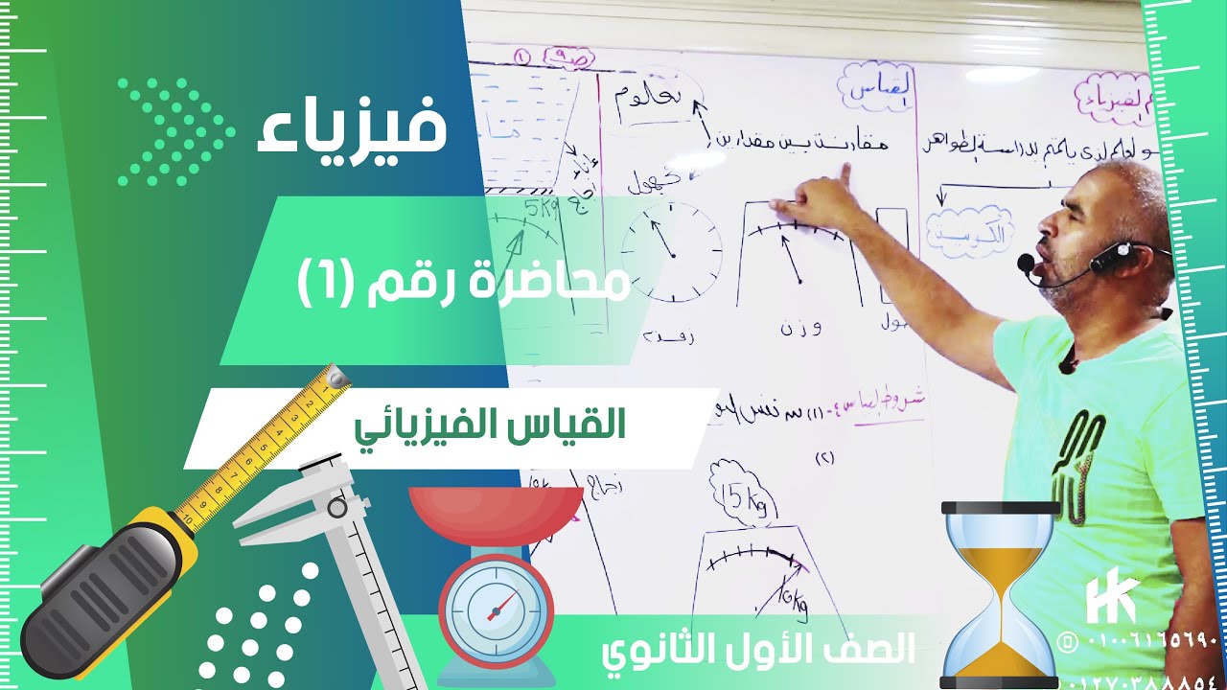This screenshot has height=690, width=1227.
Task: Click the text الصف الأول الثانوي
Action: point(757,651)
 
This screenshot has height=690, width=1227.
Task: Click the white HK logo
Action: point(1112,600)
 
